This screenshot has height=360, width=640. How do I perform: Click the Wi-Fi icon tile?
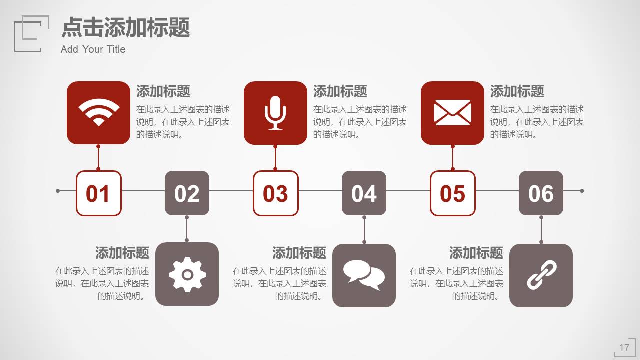[x=98, y=113]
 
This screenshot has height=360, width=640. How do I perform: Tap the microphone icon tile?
[x=275, y=113]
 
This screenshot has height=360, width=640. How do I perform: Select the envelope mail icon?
[x=452, y=113]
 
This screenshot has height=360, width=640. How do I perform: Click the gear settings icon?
[x=187, y=274]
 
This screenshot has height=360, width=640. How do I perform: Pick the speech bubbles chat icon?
[x=364, y=275]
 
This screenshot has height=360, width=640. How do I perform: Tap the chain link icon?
[x=541, y=275]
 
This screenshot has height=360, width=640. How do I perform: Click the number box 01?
[x=98, y=193]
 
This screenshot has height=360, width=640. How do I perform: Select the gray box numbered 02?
[x=187, y=193]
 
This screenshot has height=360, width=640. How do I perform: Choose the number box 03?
[x=275, y=193]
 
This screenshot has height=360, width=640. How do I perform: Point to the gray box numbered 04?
[x=364, y=193]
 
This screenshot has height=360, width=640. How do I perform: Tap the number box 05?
[x=452, y=193]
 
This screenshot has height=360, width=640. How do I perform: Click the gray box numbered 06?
[x=541, y=193]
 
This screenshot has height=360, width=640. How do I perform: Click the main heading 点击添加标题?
[x=125, y=27]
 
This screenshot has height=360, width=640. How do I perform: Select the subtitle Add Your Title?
[x=93, y=49]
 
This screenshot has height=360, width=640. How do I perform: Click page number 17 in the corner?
[x=624, y=348]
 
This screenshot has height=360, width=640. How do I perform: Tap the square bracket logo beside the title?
[x=31, y=34]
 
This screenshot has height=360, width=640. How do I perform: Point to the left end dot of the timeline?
[x=58, y=191]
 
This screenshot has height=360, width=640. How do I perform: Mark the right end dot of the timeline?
[x=582, y=191]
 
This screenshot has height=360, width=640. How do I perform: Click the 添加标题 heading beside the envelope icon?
[x=517, y=92]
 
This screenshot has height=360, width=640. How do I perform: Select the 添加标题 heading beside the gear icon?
[x=122, y=253]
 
